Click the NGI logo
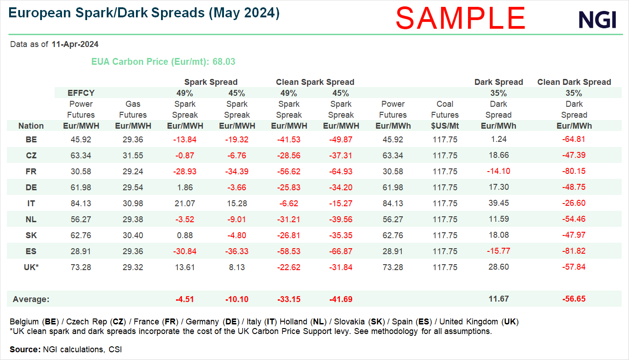[x=597, y=19]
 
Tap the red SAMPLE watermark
[x=460, y=18]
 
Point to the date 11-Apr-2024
[x=75, y=45]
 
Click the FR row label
[x=31, y=172]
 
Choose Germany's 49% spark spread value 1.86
[x=185, y=188]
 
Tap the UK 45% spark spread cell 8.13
[x=237, y=267]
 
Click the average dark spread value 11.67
[x=498, y=299]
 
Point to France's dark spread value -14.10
[x=498, y=172]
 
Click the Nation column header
[x=31, y=126]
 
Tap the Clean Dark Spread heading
[x=574, y=82]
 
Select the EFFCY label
[x=81, y=93]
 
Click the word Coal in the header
[x=445, y=104]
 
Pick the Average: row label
[x=31, y=299]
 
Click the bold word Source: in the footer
[x=25, y=350]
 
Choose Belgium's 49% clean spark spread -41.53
[x=289, y=140]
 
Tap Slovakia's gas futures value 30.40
[x=133, y=235]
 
